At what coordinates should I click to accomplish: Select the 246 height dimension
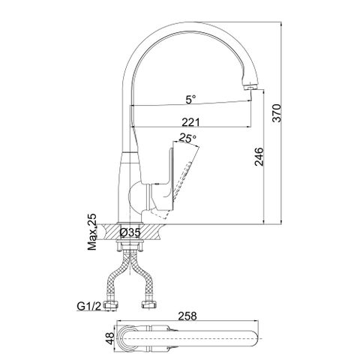(258, 155)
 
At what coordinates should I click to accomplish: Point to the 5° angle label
(192, 99)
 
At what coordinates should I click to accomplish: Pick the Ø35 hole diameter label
(130, 233)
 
